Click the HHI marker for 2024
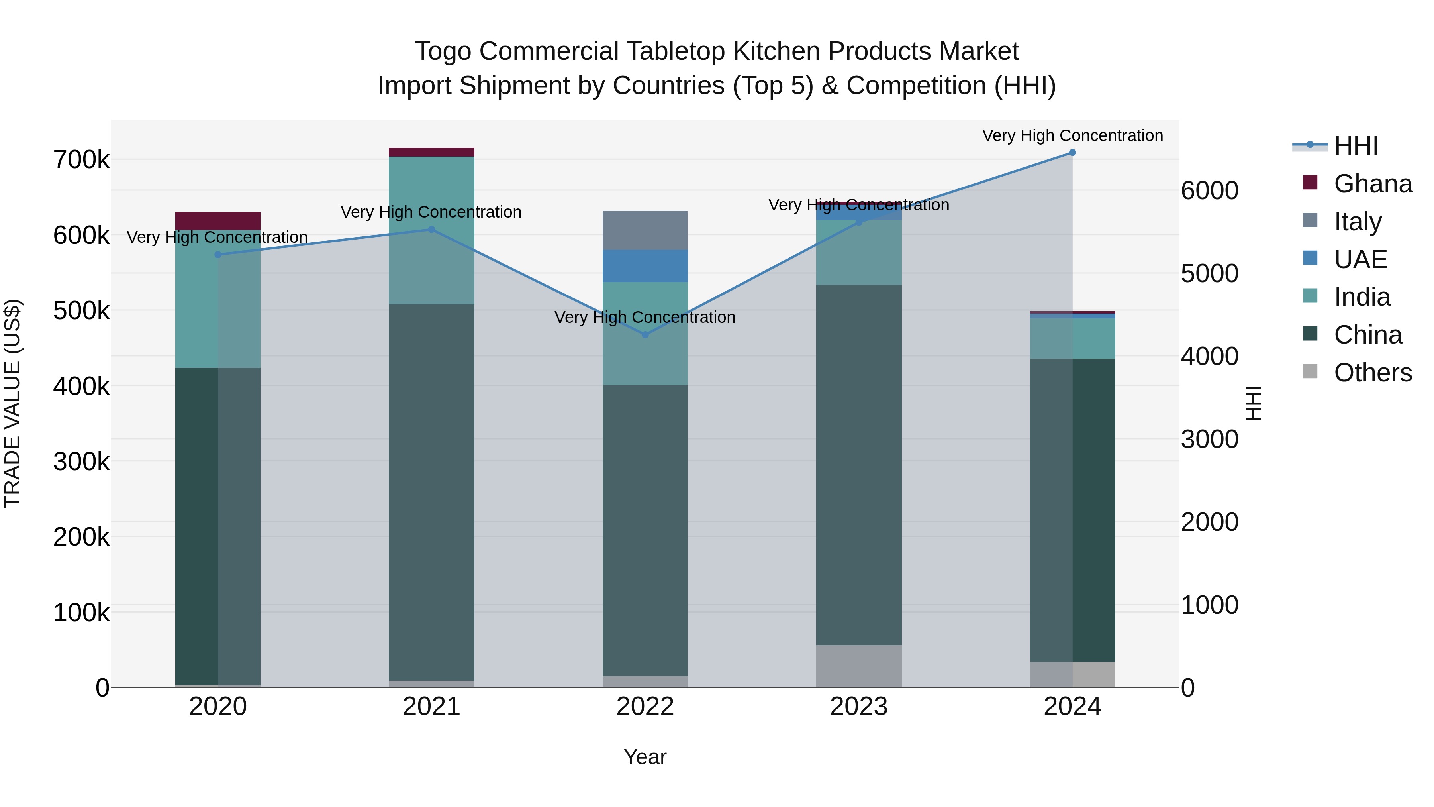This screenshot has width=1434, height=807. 1072,153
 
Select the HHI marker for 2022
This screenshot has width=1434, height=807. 645,335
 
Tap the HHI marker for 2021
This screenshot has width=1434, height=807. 431,230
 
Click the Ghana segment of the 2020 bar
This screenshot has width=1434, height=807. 217,221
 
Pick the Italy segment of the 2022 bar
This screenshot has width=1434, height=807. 645,231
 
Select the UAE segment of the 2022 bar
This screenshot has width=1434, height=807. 645,266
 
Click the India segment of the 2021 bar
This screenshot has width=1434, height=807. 431,231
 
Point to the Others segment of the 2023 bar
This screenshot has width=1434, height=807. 858,666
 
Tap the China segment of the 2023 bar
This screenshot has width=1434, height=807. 858,465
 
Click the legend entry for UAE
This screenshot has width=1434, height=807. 1360,259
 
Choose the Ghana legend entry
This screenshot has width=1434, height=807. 1372,184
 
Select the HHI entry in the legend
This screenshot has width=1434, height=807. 1356,146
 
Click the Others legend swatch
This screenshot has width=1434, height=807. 1311,371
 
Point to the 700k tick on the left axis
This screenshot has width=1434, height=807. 81,160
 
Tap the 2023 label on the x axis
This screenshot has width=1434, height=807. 858,707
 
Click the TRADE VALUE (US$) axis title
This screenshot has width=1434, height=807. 12,403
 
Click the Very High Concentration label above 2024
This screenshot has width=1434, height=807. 1072,135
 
